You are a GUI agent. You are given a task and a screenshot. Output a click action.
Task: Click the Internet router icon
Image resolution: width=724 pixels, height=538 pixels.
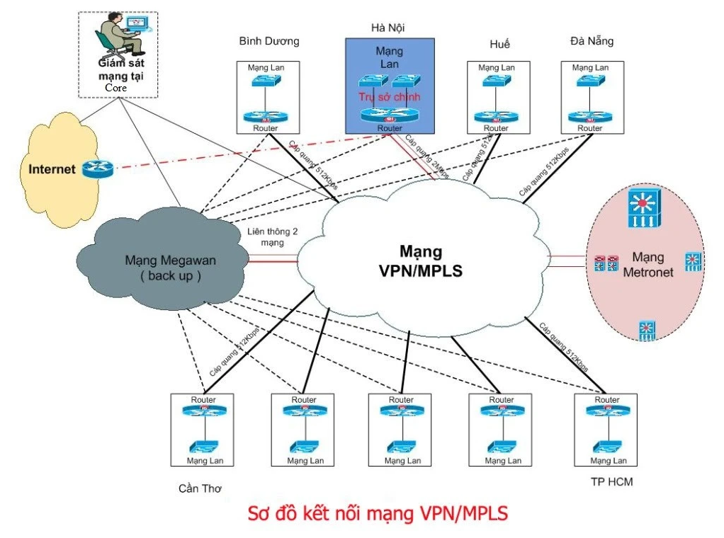(x=97, y=169)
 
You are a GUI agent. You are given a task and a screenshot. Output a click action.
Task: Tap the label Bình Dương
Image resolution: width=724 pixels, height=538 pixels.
(x=269, y=41)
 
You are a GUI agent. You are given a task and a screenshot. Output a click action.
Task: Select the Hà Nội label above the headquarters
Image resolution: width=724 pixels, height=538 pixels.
(x=388, y=28)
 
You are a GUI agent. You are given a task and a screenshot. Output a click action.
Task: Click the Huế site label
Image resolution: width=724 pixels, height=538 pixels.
(x=499, y=44)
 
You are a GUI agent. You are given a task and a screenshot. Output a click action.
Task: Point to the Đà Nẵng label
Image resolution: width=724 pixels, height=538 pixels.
(x=592, y=41)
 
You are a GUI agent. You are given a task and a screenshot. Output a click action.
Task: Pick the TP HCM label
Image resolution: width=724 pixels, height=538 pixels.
(x=611, y=483)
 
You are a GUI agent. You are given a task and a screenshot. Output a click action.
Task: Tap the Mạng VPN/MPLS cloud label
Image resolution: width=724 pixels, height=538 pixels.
(x=420, y=261)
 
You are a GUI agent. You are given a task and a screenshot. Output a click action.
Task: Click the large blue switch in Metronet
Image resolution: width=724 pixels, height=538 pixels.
(x=643, y=207)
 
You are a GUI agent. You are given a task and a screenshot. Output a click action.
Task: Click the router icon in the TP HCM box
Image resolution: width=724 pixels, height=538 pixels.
(x=606, y=413)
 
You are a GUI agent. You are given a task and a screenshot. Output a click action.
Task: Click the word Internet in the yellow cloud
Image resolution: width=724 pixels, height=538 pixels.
(x=52, y=170)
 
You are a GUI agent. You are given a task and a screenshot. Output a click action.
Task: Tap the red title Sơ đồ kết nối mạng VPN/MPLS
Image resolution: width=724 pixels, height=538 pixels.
(x=378, y=513)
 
